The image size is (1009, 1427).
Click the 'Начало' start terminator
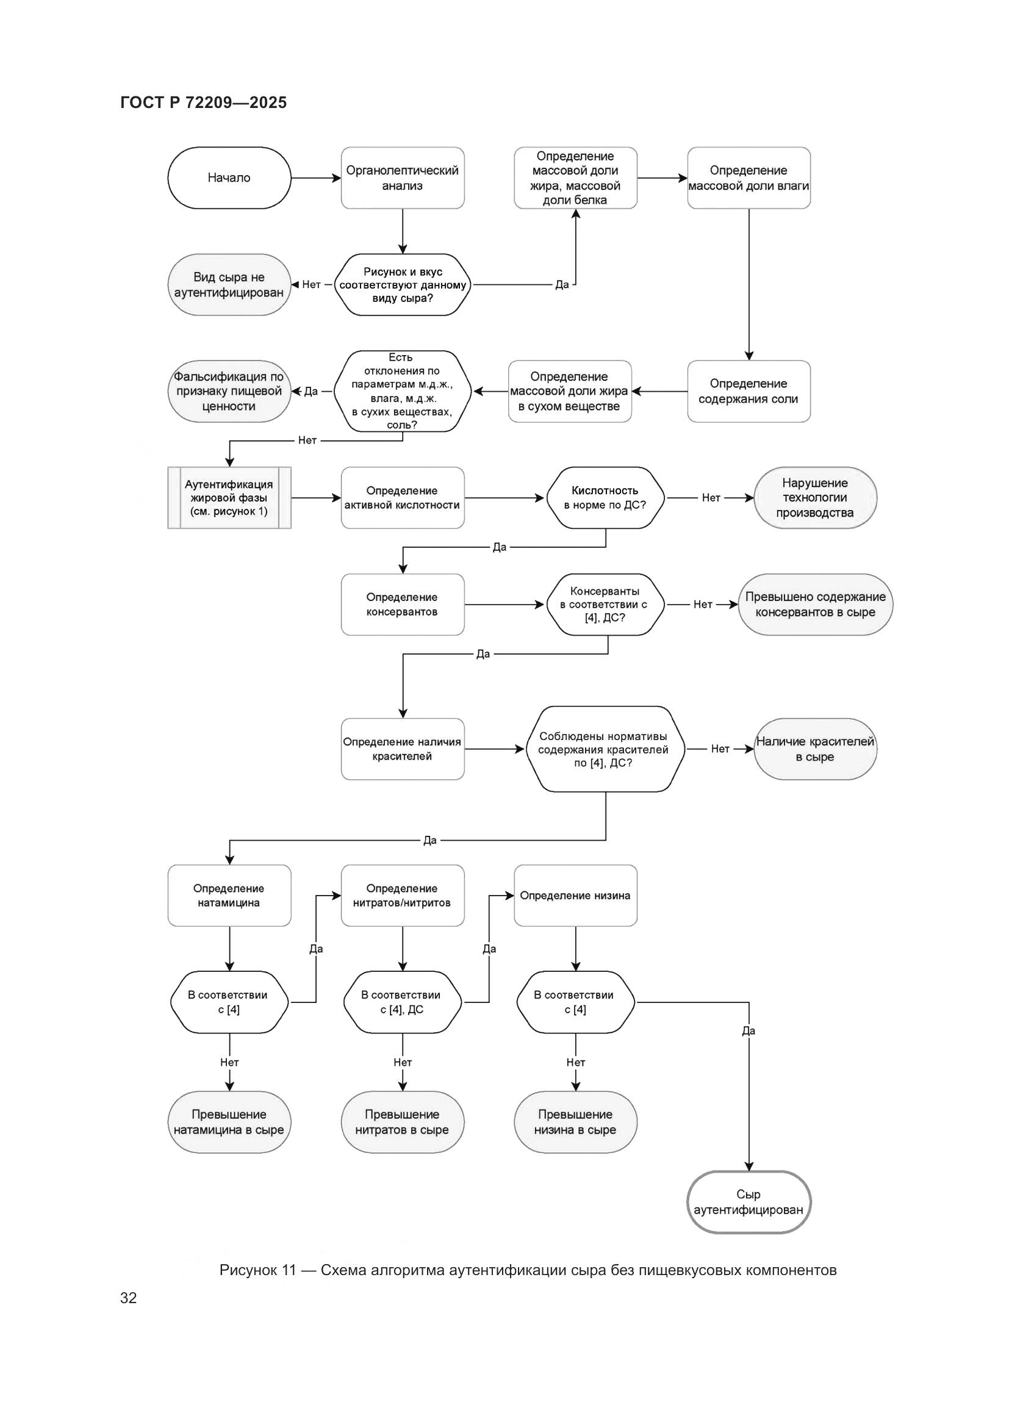(229, 178)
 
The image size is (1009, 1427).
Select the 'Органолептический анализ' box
(402, 178)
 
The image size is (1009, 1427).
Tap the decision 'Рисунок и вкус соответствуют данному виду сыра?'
(403, 285)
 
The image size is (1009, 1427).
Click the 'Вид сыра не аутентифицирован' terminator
(229, 285)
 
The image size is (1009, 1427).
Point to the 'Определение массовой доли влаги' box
(748, 178)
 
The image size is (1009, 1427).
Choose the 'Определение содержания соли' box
(748, 391)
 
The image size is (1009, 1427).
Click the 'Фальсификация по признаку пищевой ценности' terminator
(229, 391)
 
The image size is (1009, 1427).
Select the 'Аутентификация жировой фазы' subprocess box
(229, 498)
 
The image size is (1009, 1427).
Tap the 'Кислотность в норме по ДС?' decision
(605, 498)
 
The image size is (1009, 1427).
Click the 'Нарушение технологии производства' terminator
(814, 498)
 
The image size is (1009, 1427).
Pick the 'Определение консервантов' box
(402, 604)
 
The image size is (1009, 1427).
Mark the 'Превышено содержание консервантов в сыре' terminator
(814, 604)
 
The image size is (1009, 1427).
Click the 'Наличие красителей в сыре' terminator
(814, 749)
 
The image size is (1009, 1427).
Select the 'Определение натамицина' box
(229, 895)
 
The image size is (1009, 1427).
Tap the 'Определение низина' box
(575, 895)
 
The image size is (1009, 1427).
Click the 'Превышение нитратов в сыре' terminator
(402, 1122)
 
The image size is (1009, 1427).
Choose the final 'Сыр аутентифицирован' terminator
(748, 1202)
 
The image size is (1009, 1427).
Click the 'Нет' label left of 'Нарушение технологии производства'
(711, 498)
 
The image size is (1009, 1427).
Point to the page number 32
(129, 1297)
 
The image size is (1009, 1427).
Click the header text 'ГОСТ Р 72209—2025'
(203, 102)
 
